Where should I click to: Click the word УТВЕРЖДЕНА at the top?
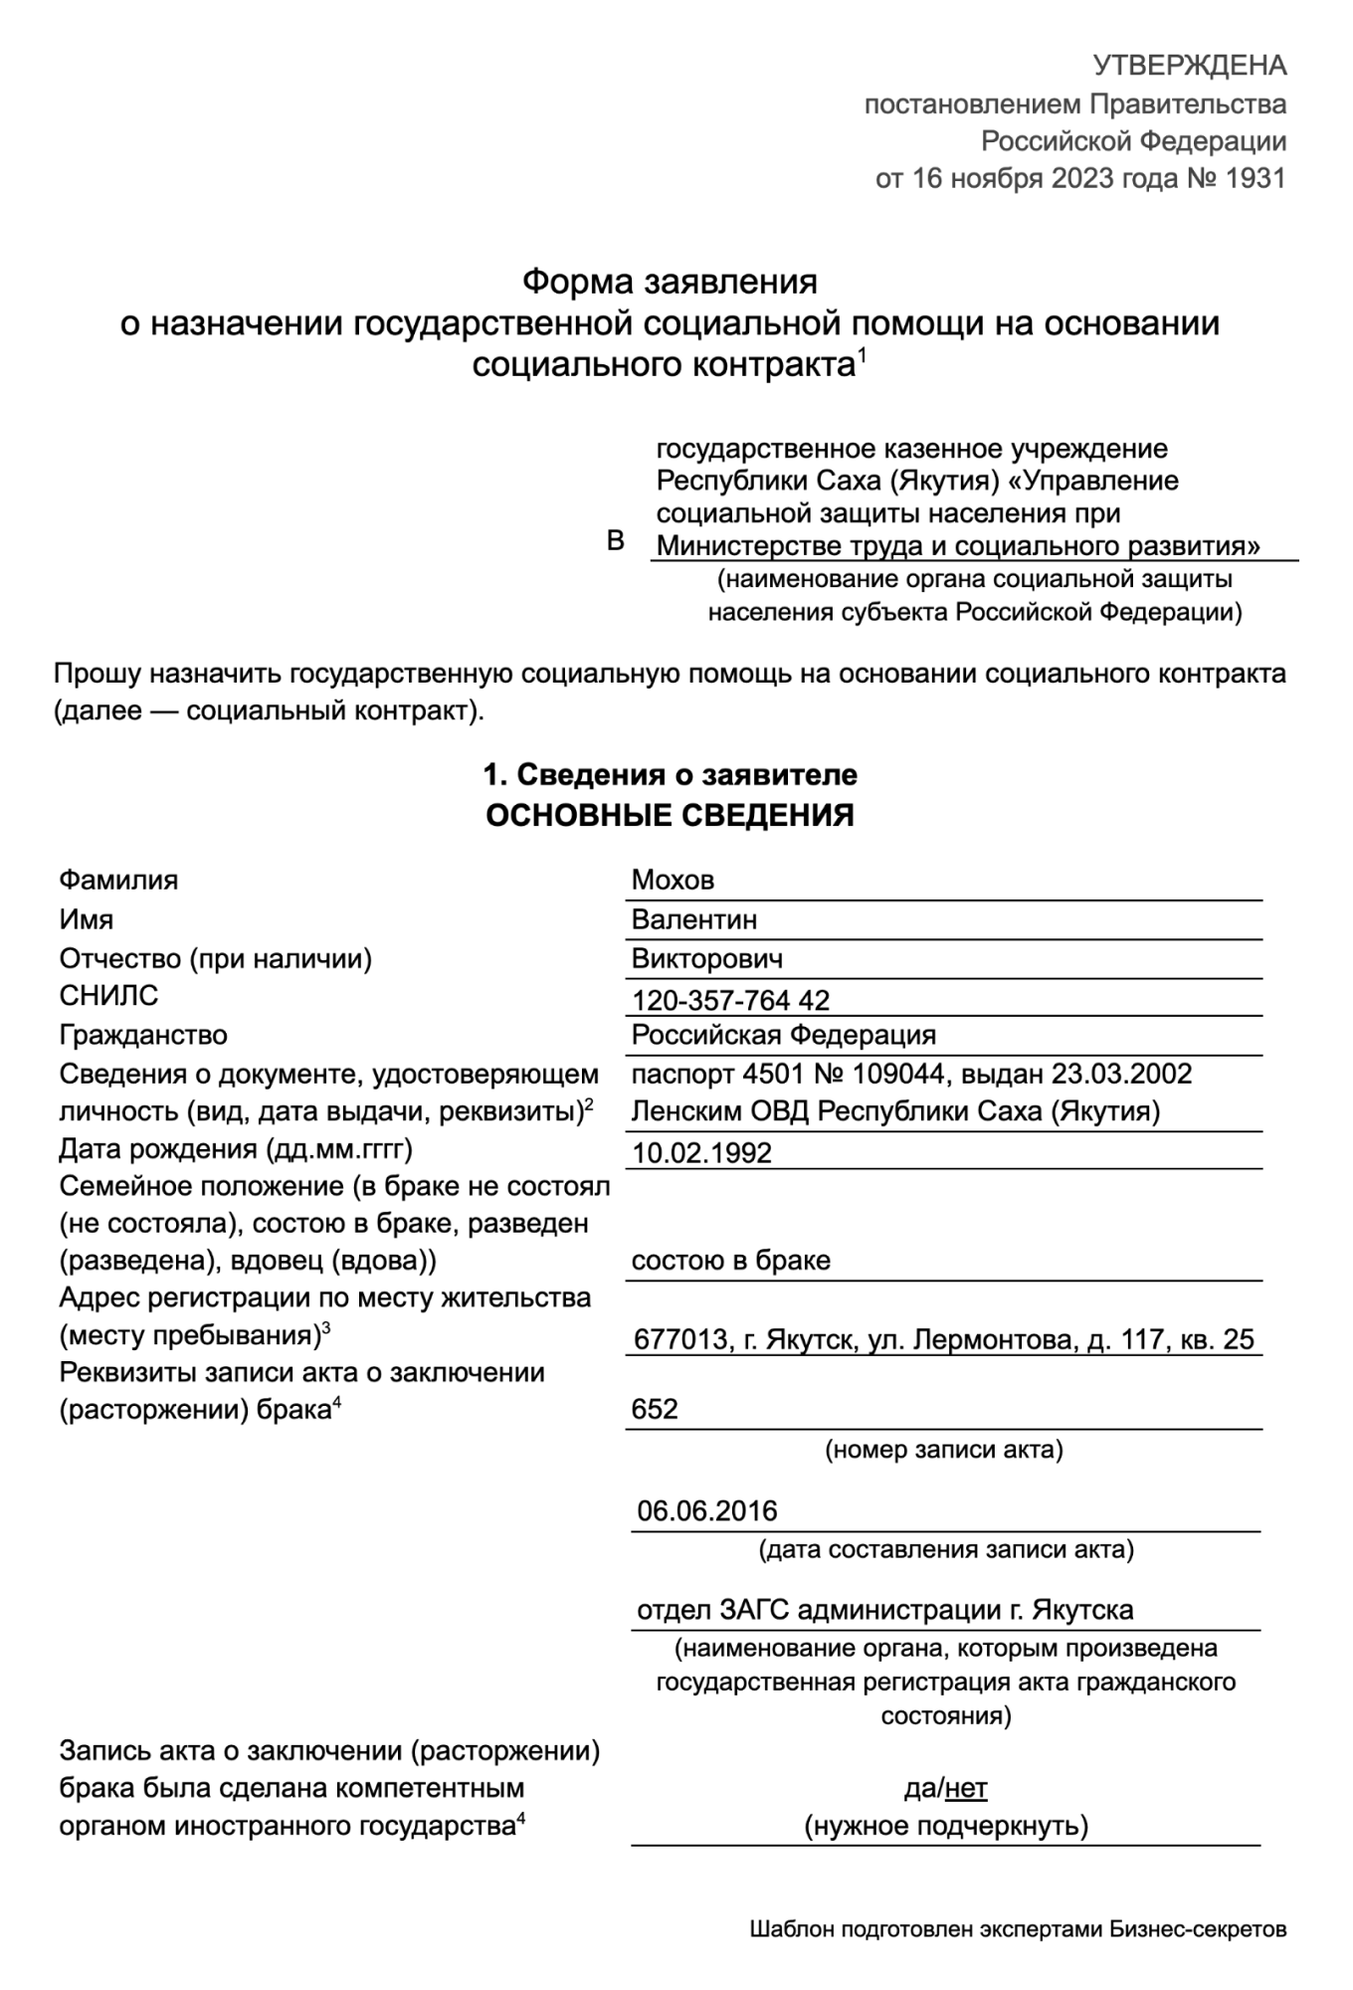tap(1190, 66)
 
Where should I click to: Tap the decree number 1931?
tap(1256, 178)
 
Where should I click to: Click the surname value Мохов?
tap(673, 880)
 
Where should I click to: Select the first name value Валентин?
tap(694, 919)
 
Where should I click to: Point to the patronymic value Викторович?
tap(707, 959)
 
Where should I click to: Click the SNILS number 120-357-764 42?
tap(731, 1000)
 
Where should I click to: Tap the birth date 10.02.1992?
tap(702, 1152)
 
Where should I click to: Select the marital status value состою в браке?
tap(731, 1261)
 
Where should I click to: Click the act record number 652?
tap(655, 1409)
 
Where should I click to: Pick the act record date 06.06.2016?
tap(707, 1510)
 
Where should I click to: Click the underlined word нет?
tap(966, 1789)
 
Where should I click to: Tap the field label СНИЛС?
tap(108, 995)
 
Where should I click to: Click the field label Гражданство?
tap(143, 1035)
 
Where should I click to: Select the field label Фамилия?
tap(118, 880)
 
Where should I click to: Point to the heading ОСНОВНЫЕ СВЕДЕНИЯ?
tap(670, 816)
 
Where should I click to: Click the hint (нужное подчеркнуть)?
tap(946, 1826)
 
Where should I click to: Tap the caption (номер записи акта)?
tap(943, 1450)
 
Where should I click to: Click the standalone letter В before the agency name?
tap(616, 540)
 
